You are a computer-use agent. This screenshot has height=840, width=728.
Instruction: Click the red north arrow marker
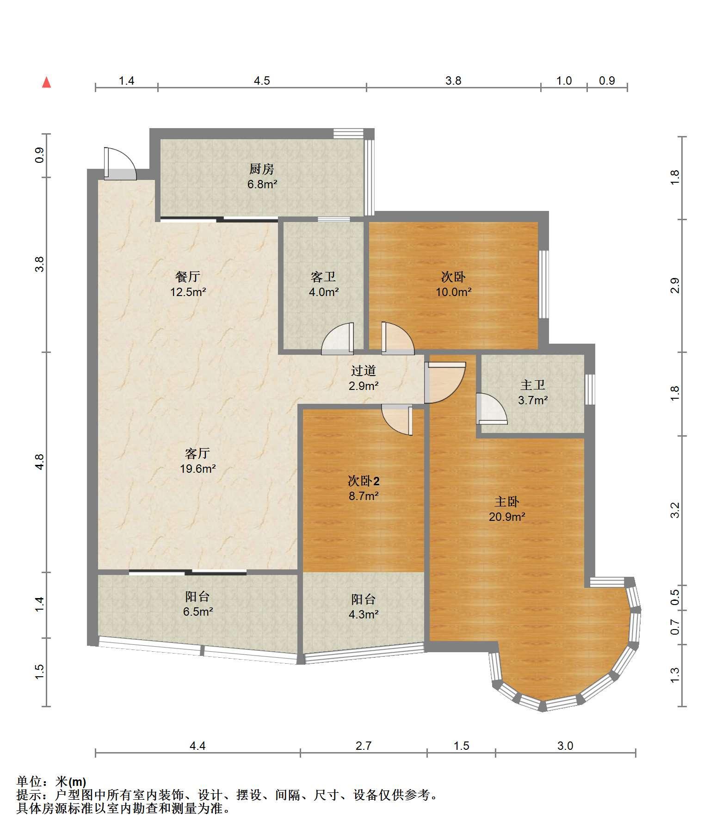pyautogui.click(x=46, y=82)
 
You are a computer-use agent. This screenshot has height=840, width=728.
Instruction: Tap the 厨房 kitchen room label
pyautogui.click(x=262, y=169)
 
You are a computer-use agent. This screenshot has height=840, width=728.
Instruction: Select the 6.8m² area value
pyautogui.click(x=262, y=184)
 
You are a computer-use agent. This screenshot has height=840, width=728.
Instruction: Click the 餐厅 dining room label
pyautogui.click(x=188, y=277)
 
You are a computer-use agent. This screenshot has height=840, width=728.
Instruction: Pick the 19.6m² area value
pyautogui.click(x=198, y=469)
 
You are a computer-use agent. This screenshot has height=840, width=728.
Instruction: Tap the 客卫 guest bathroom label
pyautogui.click(x=323, y=277)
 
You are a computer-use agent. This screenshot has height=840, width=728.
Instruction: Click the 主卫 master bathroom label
pyautogui.click(x=533, y=385)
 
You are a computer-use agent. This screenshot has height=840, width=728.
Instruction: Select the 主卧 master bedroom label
pyautogui.click(x=507, y=501)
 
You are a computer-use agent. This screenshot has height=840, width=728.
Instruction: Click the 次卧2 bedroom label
pyautogui.click(x=364, y=481)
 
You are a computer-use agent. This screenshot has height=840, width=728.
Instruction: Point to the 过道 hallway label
pyautogui.click(x=364, y=371)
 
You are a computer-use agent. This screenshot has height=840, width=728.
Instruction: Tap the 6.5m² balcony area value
pyautogui.click(x=198, y=611)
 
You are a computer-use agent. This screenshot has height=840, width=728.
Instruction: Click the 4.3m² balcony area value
pyautogui.click(x=364, y=614)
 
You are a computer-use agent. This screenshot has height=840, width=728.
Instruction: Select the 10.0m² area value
pyautogui.click(x=453, y=292)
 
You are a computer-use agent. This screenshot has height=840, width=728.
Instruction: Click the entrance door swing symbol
pyautogui.click(x=120, y=163)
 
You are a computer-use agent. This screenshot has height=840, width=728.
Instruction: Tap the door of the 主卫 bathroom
pyautogui.click(x=491, y=409)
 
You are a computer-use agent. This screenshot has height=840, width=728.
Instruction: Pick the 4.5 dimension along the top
pyautogui.click(x=262, y=81)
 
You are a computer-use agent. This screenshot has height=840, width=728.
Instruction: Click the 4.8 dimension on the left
pyautogui.click(x=39, y=462)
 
